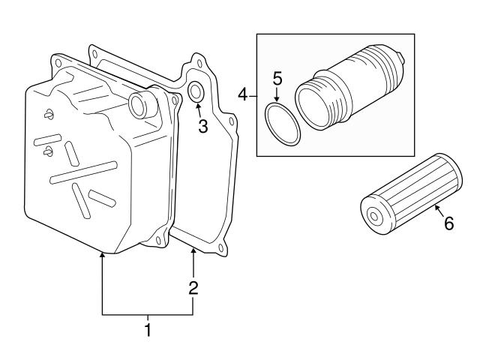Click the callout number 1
148,329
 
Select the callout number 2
193,286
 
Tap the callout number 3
202,127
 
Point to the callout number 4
243,94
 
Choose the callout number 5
277,77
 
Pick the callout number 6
448,223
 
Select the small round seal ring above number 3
195,92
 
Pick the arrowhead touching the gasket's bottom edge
193,251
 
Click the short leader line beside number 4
252,94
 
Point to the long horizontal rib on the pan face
82,172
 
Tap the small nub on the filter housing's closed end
402,55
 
